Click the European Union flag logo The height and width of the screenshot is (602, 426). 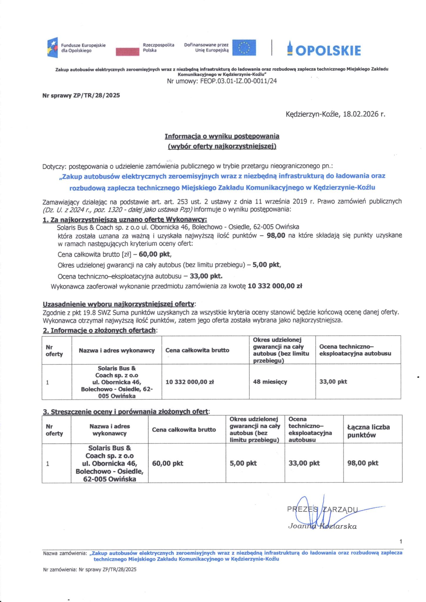pos(244,48)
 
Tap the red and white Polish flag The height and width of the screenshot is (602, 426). pos(128,51)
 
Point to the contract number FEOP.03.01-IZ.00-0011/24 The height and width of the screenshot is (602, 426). pos(238,81)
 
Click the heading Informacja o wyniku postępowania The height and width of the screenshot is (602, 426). pos(222,136)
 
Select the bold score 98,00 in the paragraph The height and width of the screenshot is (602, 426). pos(276,236)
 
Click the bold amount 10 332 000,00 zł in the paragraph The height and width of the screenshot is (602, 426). pos(275,286)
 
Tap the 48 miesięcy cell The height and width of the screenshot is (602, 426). pos(270,382)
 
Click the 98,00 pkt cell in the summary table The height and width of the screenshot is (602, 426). pos(363,463)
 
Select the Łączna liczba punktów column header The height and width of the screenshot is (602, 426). pos(368,431)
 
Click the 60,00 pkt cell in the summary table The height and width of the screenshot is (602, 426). pos(168,464)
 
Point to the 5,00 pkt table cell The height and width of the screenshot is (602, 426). pos(243,464)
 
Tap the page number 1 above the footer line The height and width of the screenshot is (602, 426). pos(401,541)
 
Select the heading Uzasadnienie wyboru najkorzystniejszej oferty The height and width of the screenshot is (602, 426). pos(118,304)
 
